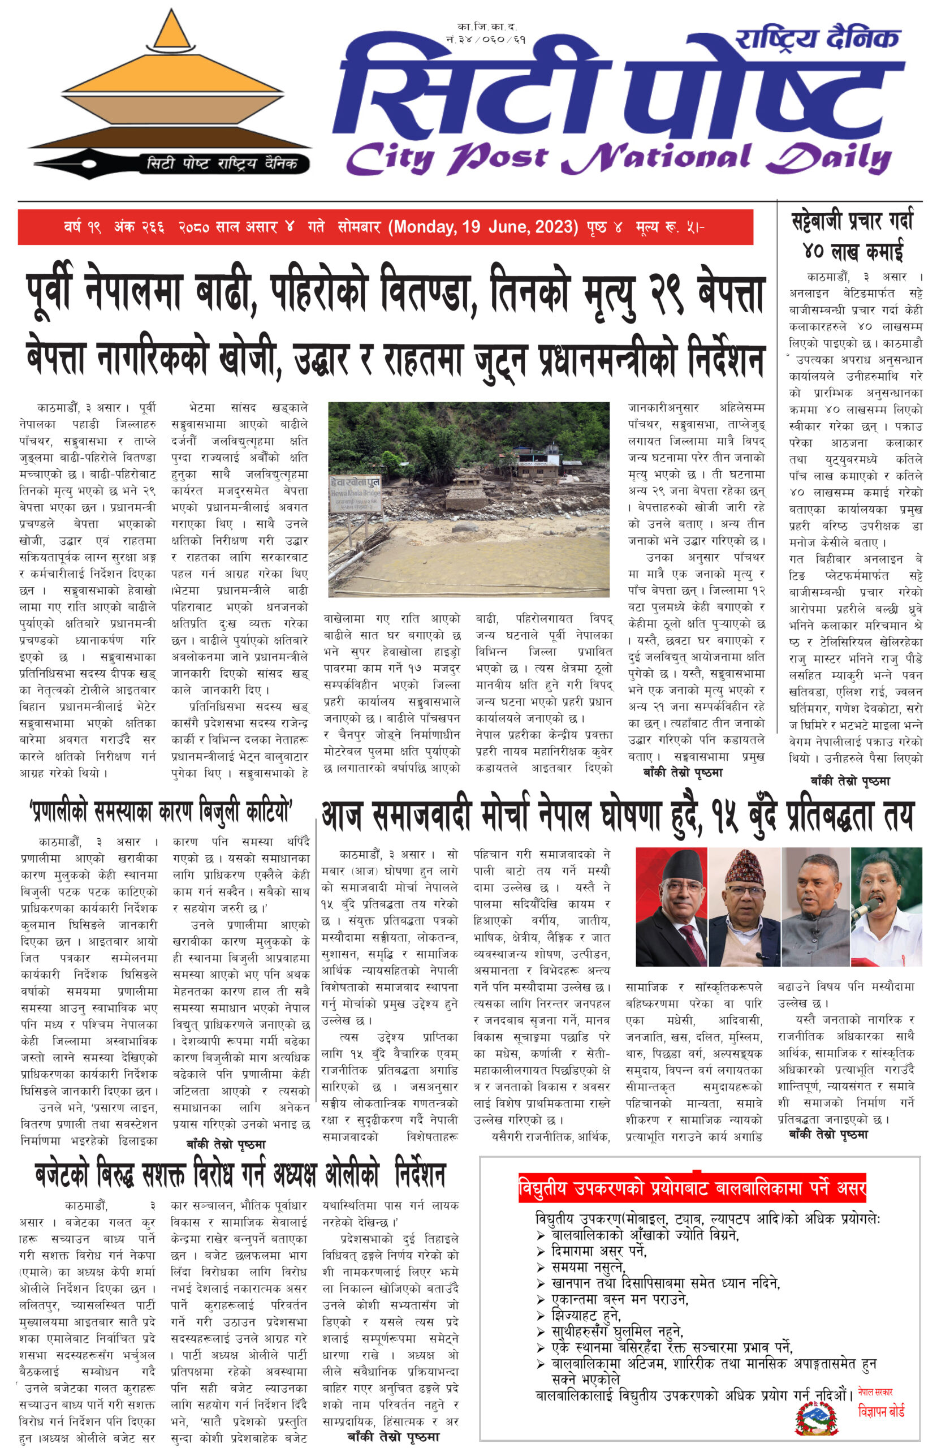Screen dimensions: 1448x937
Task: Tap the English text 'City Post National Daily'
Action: click(x=619, y=158)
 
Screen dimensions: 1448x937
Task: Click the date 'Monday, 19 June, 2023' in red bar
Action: click(x=483, y=227)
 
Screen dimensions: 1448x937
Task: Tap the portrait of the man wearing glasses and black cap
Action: click(x=671, y=906)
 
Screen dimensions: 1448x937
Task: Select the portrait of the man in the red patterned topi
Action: click(x=744, y=906)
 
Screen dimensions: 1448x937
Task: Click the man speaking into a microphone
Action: click(x=886, y=906)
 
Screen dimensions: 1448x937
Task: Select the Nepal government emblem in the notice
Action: click(x=817, y=1418)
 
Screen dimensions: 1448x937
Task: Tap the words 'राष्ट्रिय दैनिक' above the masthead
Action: click(x=817, y=39)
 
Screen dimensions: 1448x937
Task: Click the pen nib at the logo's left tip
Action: click(x=67, y=164)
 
